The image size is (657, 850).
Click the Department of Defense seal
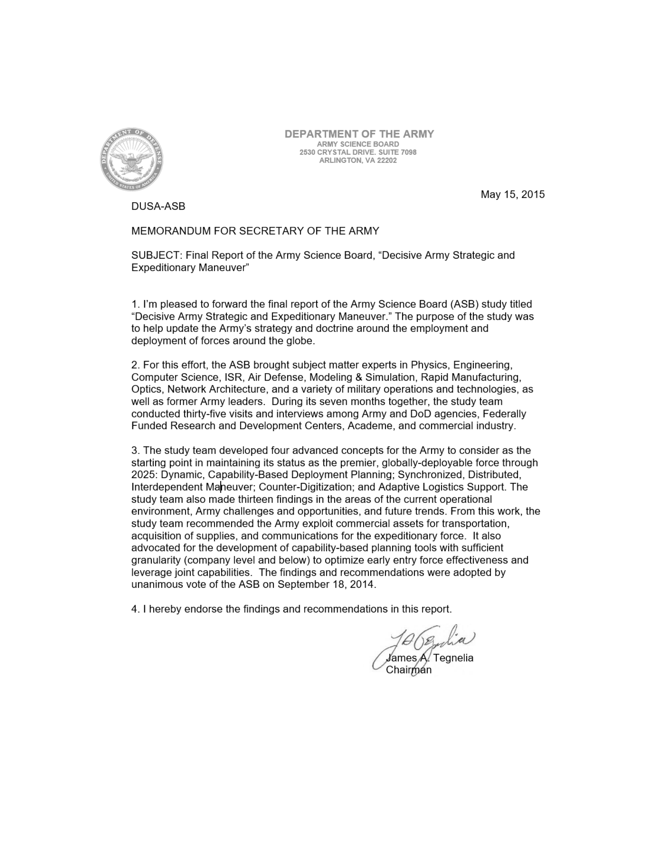click(131, 159)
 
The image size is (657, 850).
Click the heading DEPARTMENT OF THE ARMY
click(359, 134)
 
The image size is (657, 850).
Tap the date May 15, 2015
click(512, 194)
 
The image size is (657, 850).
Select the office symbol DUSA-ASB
click(158, 206)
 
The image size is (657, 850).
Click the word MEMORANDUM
click(171, 231)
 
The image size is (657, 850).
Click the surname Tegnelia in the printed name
click(453, 658)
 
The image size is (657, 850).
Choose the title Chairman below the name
click(408, 670)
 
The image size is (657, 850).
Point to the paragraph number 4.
click(135, 609)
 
